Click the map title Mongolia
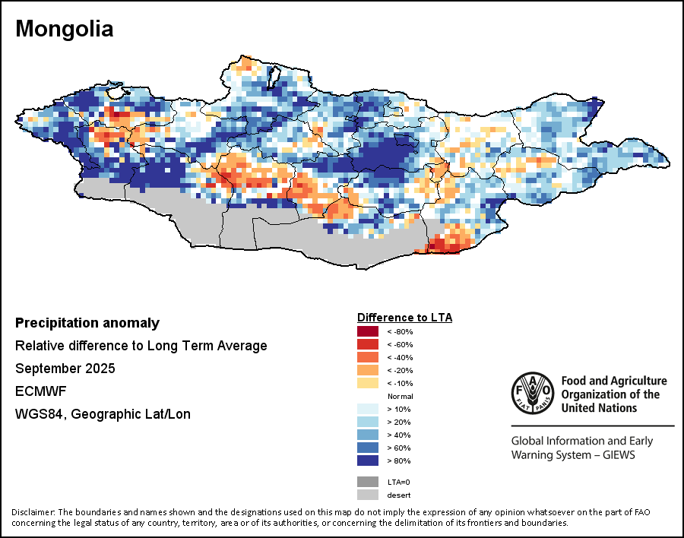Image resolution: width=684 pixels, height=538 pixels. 65,30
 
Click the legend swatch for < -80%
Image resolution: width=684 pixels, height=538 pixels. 369,332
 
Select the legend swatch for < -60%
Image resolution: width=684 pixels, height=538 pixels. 369,345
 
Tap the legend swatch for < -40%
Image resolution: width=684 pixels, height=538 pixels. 369,358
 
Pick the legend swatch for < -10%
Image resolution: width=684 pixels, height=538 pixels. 369,383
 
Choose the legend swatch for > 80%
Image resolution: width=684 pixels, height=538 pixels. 369,460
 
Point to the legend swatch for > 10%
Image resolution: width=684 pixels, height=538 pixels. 369,410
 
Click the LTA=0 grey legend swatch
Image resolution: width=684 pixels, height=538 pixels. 369,482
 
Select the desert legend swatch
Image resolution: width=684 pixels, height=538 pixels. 369,495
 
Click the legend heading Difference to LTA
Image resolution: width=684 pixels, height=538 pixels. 404,318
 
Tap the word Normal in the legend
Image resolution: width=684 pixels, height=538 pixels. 400,397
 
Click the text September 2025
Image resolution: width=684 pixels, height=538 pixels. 65,369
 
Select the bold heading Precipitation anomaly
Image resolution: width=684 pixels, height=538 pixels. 87,323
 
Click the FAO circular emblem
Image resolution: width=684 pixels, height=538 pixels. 532,393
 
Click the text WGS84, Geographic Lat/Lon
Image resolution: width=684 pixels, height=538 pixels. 103,415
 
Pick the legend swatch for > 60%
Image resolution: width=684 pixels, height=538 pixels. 369,448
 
